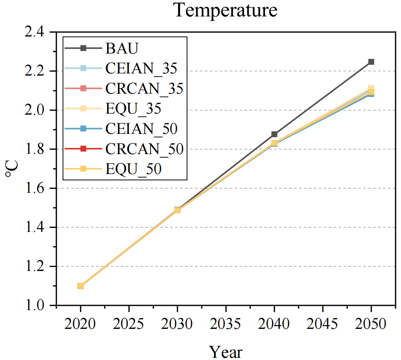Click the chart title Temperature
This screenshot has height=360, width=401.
pyautogui.click(x=225, y=10)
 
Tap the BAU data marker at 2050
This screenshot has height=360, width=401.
pyautogui.click(x=371, y=62)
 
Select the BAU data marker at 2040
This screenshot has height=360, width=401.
pyautogui.click(x=274, y=134)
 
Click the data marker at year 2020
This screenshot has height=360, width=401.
pyautogui.click(x=80, y=286)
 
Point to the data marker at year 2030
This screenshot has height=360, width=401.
pyautogui.click(x=177, y=210)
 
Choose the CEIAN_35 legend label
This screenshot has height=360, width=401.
pyautogui.click(x=142, y=68)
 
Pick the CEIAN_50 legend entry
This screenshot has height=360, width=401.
pyautogui.click(x=142, y=128)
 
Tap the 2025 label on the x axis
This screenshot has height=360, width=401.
pyautogui.click(x=129, y=324)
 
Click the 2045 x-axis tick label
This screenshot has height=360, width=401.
pyautogui.click(x=322, y=324)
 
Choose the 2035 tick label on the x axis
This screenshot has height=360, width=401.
pyautogui.click(x=226, y=324)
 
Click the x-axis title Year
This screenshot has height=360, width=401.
pyautogui.click(x=225, y=351)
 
